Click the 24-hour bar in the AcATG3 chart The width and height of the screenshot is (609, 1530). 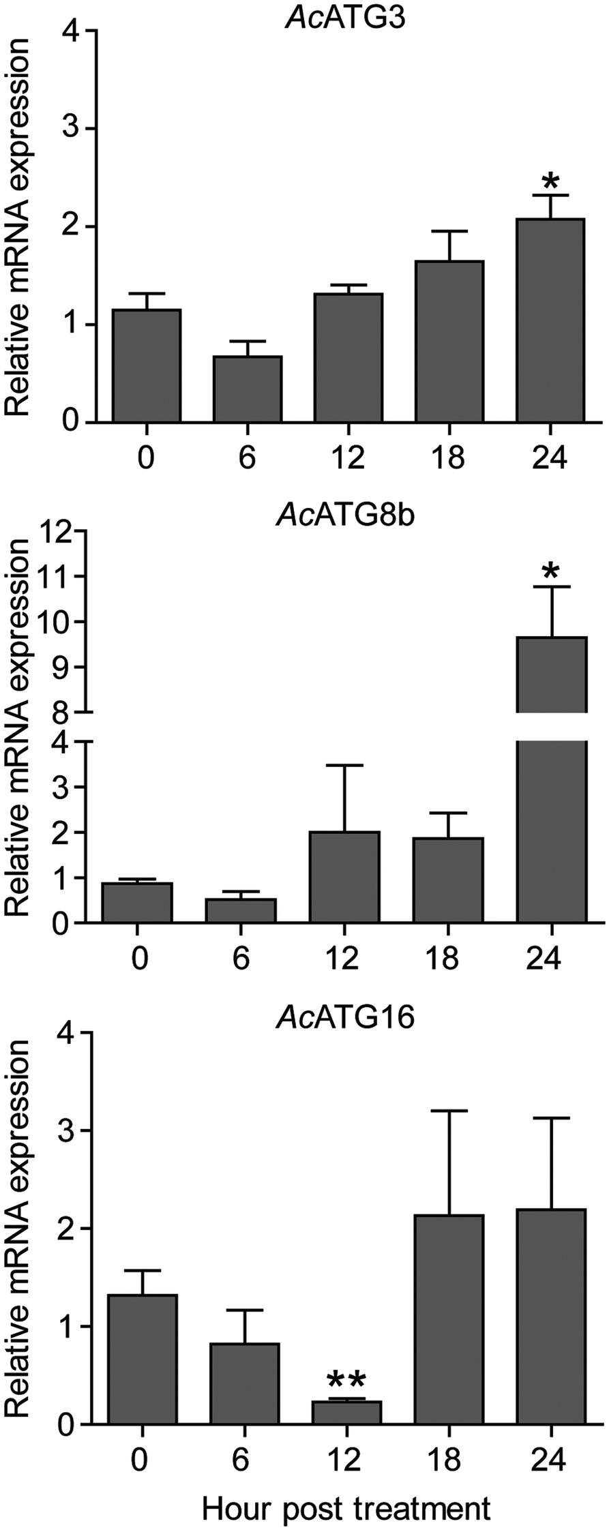coord(550,320)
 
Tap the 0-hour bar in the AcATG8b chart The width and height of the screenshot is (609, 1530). coord(137,902)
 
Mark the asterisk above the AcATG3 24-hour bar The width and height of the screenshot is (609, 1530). coord(550,183)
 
